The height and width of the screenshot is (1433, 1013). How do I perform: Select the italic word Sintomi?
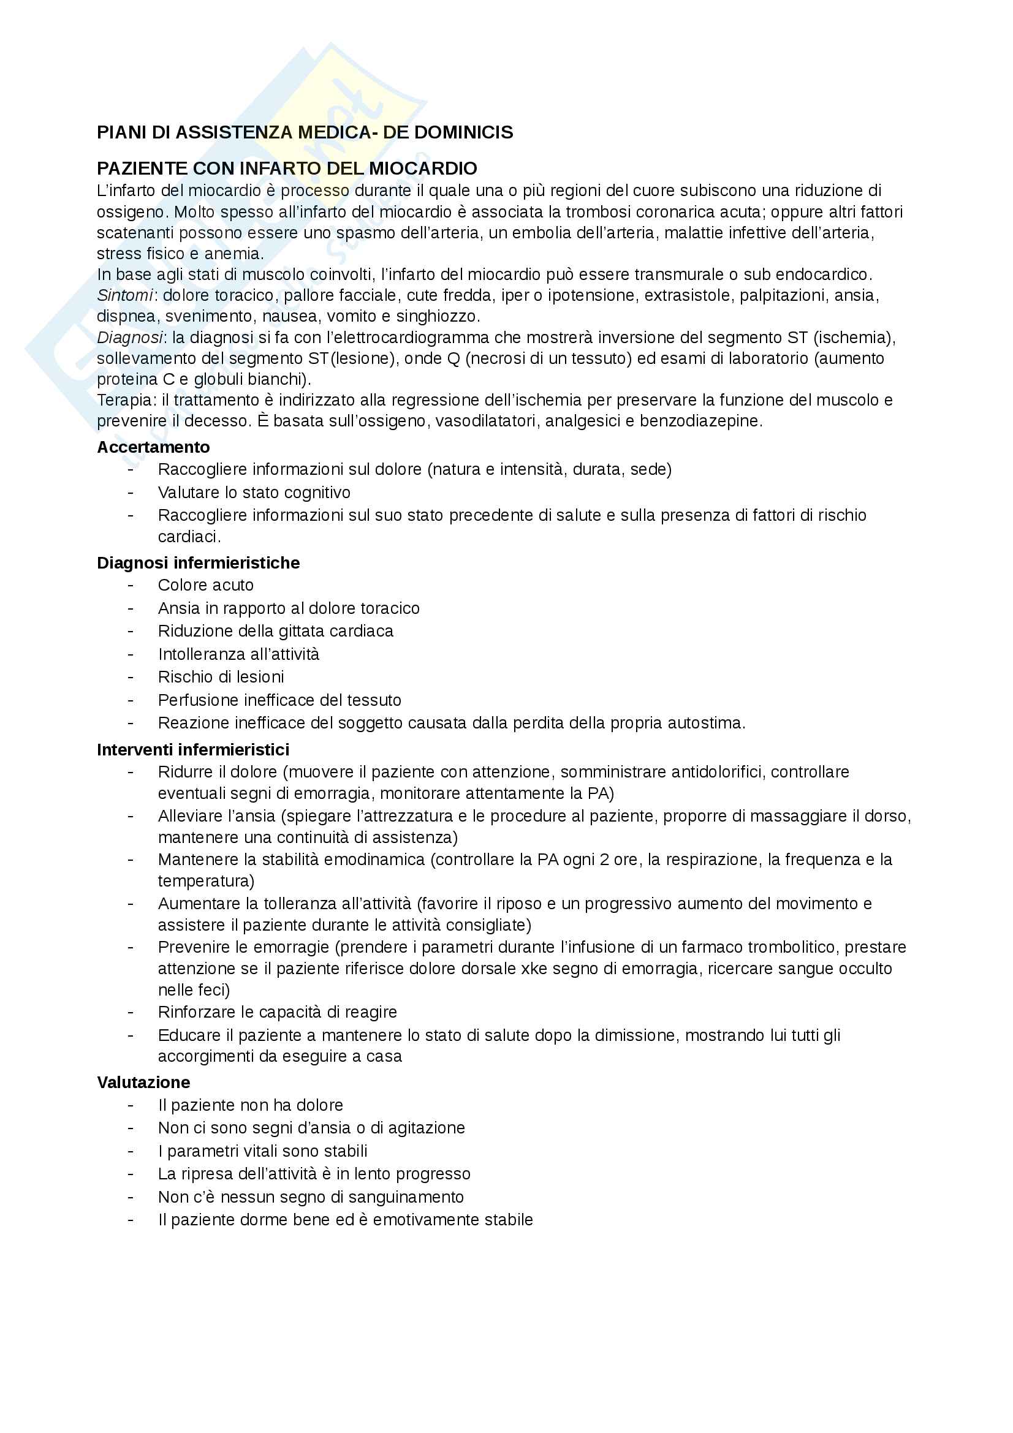coord(125,295)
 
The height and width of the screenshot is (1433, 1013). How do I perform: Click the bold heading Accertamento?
coord(153,447)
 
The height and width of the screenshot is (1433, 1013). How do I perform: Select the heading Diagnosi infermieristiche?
coord(198,563)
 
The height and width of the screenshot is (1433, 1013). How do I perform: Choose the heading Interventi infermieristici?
coord(193,749)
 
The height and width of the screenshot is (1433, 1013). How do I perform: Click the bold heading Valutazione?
coord(143,1082)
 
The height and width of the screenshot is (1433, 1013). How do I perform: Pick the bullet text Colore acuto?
coord(205,586)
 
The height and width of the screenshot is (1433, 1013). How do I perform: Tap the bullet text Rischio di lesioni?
coord(221,677)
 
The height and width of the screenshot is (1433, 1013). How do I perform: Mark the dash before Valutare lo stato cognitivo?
coord(131,493)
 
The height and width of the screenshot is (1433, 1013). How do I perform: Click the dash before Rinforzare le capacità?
coord(131,1012)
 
